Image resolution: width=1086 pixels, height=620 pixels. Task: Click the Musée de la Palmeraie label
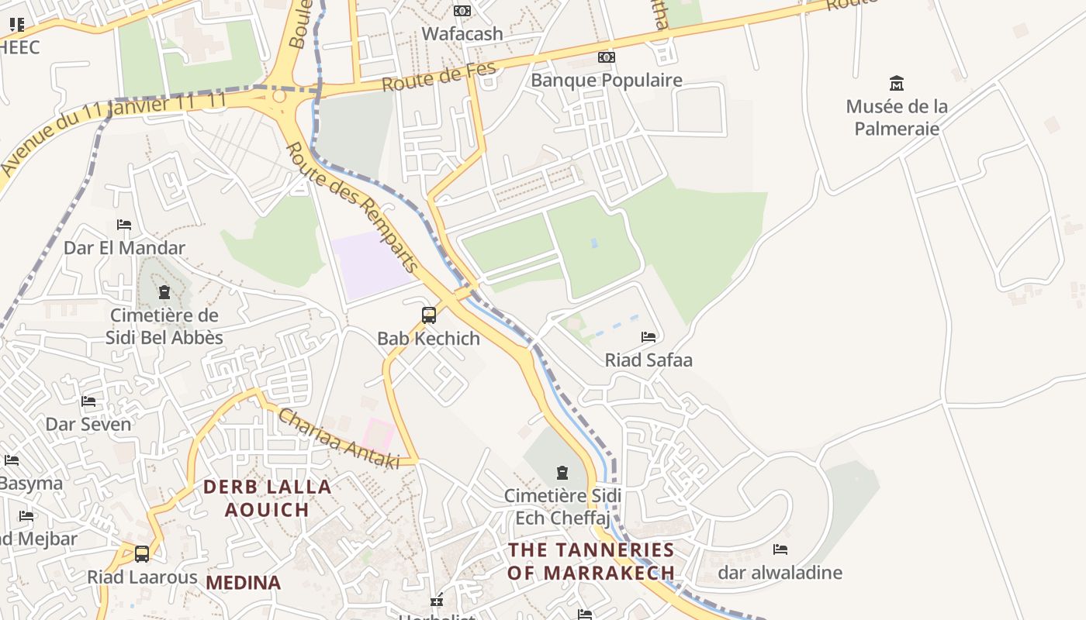click(896, 117)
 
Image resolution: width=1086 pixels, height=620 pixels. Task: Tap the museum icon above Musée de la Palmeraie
click(897, 83)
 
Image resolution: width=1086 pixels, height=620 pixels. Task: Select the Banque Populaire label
click(606, 80)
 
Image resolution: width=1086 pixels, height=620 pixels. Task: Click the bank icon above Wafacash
click(462, 11)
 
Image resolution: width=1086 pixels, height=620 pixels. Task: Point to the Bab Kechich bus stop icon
click(429, 315)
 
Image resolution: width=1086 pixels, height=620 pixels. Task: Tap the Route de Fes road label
click(438, 78)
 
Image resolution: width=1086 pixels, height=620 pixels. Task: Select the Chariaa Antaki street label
click(339, 439)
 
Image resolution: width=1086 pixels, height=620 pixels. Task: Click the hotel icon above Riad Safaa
click(648, 337)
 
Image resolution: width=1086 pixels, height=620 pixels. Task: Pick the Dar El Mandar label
click(124, 248)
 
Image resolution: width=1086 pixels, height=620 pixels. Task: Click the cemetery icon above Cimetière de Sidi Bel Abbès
click(164, 293)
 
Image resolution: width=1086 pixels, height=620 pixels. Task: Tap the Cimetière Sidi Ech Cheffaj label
click(562, 506)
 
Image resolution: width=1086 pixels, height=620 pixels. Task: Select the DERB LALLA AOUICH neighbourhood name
click(267, 498)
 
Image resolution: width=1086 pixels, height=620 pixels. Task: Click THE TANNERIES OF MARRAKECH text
click(590, 561)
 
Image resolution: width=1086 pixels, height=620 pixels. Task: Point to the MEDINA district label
click(243, 583)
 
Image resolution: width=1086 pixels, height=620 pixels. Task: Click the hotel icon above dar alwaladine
click(780, 549)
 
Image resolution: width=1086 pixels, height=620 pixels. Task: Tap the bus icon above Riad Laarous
click(142, 554)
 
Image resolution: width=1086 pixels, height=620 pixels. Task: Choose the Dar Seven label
click(88, 424)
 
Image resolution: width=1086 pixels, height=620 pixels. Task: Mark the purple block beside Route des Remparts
click(370, 264)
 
